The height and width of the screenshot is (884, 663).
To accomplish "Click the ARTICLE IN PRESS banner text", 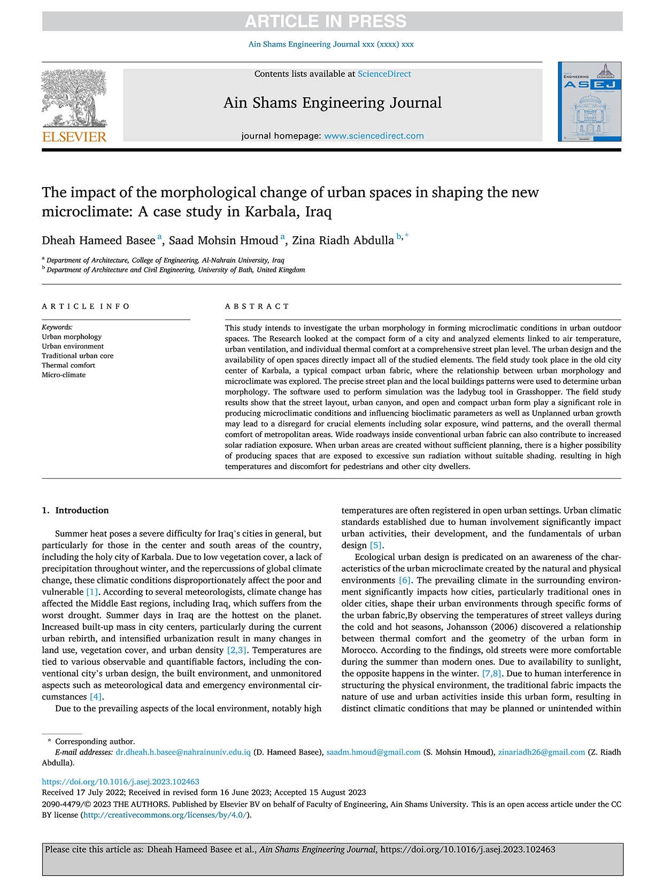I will pos(326,21).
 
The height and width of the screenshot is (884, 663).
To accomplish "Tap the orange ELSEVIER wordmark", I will pos(74,137).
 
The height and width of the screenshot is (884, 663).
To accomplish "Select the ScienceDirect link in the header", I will pos(384,74).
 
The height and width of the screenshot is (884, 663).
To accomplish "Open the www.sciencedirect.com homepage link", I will pos(374,136).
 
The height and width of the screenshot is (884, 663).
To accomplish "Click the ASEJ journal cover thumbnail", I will pos(589,102).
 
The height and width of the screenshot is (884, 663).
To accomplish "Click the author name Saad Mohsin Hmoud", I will pos(223,241).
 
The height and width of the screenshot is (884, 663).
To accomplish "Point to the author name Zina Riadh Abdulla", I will pos(343,241).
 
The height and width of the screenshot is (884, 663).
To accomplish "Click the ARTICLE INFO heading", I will pos(86,306).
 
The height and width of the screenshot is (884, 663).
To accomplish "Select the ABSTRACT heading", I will pos(257,306).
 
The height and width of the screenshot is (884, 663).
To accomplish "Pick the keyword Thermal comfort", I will pos(68,365).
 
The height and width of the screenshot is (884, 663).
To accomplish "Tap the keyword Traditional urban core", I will pos(78,355).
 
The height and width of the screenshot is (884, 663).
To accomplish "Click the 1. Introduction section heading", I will pos(75,510).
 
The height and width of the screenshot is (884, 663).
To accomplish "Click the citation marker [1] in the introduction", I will pos(92,592).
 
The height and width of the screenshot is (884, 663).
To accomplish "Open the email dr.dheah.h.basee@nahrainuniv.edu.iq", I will pos(183,752).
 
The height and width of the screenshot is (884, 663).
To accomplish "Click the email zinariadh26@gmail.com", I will pos(541,752).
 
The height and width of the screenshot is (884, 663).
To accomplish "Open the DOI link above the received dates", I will pos(120,781).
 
